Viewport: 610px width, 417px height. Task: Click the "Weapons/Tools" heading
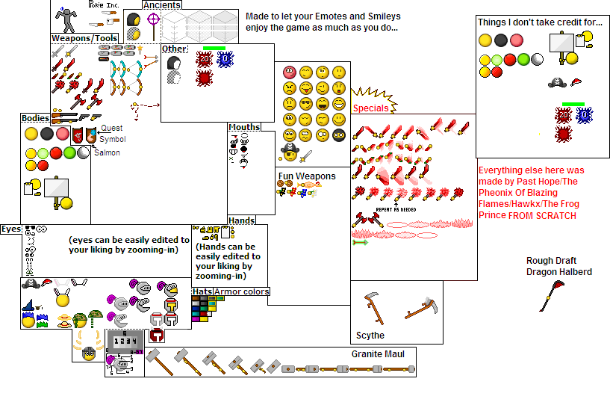coord(84,38)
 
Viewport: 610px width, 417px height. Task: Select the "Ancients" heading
coord(161,5)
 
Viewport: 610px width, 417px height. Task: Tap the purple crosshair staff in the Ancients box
coord(155,19)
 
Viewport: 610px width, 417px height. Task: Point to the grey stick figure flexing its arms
coord(68,17)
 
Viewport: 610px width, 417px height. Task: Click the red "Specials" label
coord(370,108)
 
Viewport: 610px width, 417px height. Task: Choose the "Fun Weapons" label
coord(306,176)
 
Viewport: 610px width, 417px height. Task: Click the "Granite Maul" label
coord(378,353)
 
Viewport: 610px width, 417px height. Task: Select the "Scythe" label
coord(370,336)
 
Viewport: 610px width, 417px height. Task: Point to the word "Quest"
coord(111,129)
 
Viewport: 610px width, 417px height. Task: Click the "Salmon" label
coord(107,153)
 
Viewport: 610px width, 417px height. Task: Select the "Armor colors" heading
coord(241,291)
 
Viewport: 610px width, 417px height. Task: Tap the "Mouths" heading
coord(243,127)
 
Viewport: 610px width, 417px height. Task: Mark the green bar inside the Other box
coord(214,48)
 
